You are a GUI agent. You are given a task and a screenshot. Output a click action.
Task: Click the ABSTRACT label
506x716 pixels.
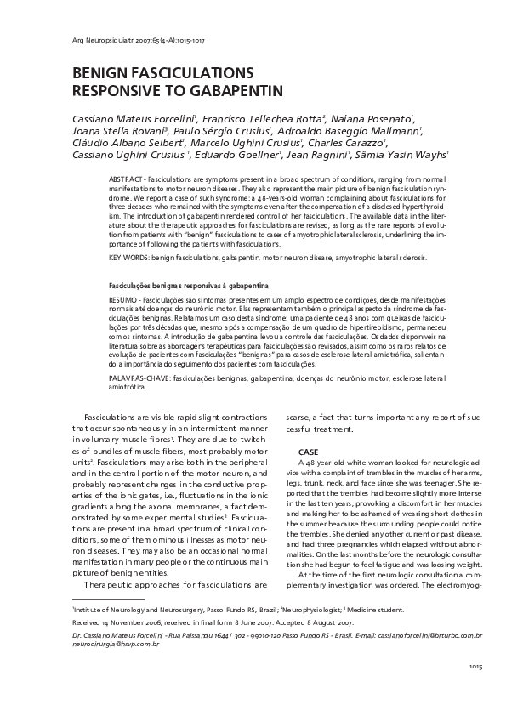(128, 182)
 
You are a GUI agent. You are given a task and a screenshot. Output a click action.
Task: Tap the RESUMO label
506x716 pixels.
(125, 301)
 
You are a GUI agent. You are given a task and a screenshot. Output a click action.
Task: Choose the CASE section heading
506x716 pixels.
(309, 450)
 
